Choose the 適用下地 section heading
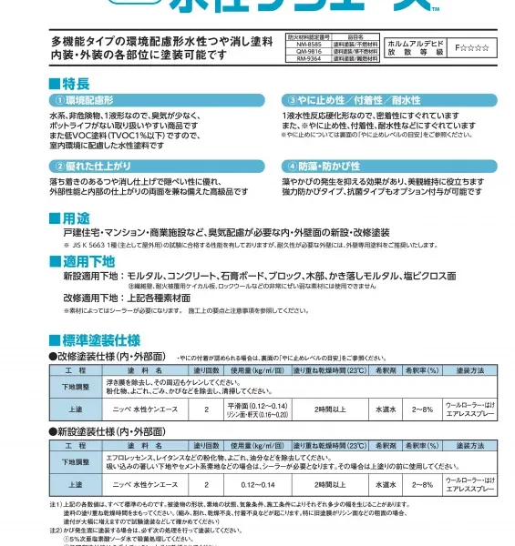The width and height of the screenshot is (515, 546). [88, 262]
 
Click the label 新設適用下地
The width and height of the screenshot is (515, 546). [90, 276]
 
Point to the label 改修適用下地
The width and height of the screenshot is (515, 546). [90, 297]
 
